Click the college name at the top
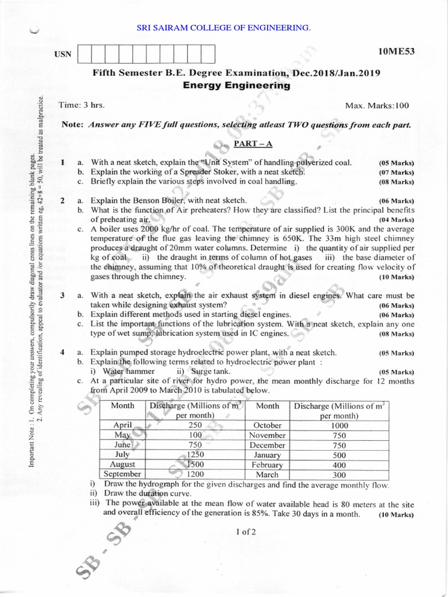pyautogui.click(x=223, y=27)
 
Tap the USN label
pyautogui.click(x=63, y=54)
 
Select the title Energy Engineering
pyautogui.click(x=236, y=85)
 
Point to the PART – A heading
pyautogui.click(x=249, y=143)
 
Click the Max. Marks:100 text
pyautogui.click(x=377, y=106)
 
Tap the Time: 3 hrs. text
pyautogui.click(x=82, y=105)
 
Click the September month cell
pyautogui.click(x=123, y=474)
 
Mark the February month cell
pyautogui.click(x=267, y=465)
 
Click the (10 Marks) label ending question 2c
pyautogui.click(x=396, y=276)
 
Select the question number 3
pyautogui.click(x=62, y=296)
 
